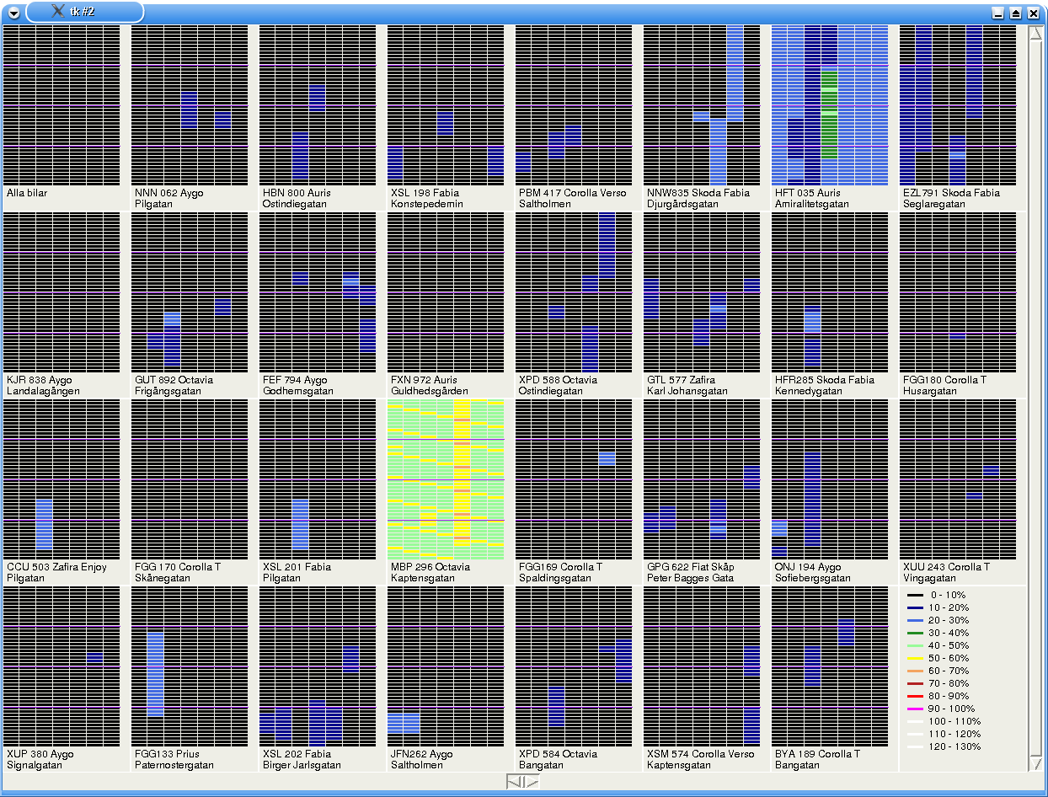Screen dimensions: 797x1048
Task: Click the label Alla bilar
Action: coord(27,193)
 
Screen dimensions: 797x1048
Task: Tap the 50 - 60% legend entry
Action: coord(948,658)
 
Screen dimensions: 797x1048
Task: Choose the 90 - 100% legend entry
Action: coord(950,709)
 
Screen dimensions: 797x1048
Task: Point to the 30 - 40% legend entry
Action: coord(948,633)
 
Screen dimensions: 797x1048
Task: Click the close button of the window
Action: coord(1033,13)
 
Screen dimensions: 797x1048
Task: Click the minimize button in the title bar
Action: coord(998,13)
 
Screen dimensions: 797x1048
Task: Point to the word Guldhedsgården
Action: coord(429,391)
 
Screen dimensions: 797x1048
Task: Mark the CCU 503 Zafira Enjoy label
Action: coord(56,567)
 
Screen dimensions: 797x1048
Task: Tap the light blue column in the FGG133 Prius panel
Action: coord(155,674)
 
